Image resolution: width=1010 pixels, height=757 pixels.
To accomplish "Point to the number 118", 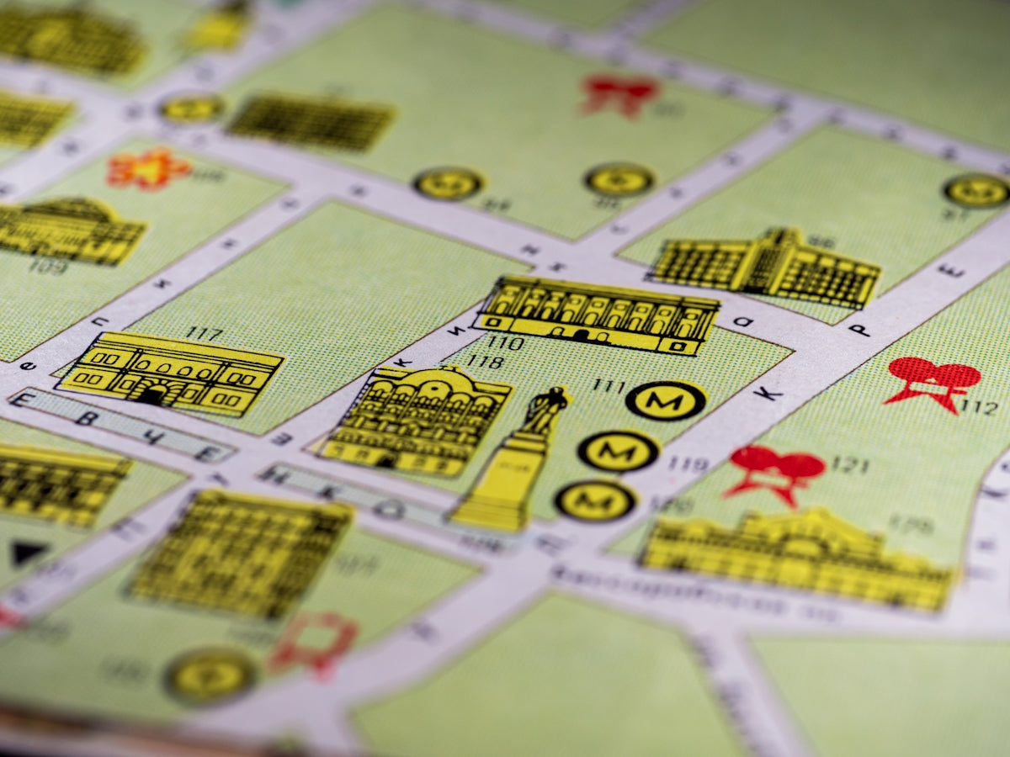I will click(484, 362).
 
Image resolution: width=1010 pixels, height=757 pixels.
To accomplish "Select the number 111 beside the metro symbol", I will click(608, 385).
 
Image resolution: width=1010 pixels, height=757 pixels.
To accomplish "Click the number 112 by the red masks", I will click(979, 408).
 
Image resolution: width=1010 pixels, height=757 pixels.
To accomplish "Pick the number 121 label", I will click(849, 464).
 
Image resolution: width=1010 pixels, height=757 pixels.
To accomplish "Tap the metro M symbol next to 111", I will click(665, 400).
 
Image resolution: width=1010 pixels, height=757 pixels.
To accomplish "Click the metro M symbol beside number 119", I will click(619, 451).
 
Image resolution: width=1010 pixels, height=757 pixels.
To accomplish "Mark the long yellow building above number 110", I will click(597, 314).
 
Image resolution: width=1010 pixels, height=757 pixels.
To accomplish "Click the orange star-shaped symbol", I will click(147, 168).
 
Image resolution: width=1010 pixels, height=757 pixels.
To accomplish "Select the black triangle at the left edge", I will click(29, 553).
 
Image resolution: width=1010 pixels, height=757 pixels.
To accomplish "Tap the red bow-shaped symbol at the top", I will click(619, 93).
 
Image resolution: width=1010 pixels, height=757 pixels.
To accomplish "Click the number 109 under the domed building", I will click(47, 267).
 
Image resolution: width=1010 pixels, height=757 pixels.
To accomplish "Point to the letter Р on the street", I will click(859, 329).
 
